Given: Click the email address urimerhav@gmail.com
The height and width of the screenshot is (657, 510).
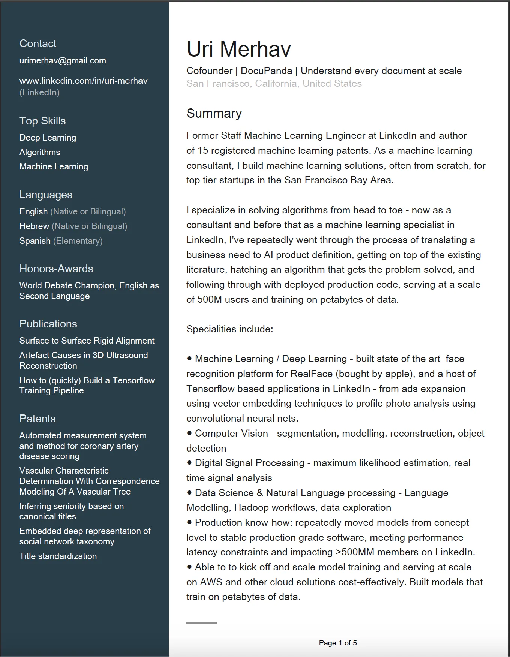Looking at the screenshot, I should click(x=63, y=60).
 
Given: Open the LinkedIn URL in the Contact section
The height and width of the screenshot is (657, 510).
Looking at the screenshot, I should click(x=83, y=81).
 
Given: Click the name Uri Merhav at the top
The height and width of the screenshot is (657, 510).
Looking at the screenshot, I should click(x=238, y=49).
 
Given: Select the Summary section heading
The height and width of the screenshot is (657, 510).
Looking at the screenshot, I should click(x=214, y=113).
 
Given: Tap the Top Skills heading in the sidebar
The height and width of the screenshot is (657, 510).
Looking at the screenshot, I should click(x=42, y=121).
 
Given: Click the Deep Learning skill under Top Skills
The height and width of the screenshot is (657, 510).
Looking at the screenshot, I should click(x=48, y=138).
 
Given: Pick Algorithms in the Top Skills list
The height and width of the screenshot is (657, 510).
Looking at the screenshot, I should click(x=40, y=152).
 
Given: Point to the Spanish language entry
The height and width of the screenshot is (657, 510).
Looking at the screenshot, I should click(x=35, y=241).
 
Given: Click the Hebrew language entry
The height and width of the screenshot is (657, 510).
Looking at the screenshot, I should click(x=34, y=226).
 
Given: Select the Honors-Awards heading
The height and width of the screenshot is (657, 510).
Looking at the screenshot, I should click(x=56, y=268).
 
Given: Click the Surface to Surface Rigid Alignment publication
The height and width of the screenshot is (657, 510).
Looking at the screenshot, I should click(x=87, y=340).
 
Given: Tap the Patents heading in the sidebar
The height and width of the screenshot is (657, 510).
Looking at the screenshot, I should click(x=37, y=418).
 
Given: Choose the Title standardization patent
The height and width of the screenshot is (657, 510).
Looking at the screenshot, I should click(x=58, y=556).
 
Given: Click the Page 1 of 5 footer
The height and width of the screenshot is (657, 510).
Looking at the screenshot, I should click(x=338, y=643).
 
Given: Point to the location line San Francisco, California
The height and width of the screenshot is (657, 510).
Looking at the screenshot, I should click(x=274, y=83).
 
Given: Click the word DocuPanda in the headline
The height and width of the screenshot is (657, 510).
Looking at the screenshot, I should click(x=266, y=70).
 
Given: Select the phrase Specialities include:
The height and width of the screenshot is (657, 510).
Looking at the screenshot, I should click(x=229, y=329).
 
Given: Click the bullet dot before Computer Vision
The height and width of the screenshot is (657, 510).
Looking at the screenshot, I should click(x=189, y=433).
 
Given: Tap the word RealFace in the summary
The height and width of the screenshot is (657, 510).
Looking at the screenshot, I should click(x=312, y=373).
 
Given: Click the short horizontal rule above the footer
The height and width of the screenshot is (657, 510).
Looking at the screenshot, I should click(x=201, y=623).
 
